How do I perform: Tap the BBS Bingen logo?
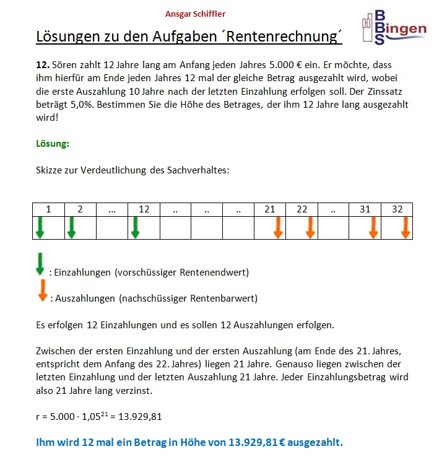394,28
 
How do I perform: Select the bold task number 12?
43,65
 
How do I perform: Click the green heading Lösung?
53,144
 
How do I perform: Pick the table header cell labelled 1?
48,209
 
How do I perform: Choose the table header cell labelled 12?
144,209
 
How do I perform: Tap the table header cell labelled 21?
270,209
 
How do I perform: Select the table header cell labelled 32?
397,209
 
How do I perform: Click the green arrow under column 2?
72,227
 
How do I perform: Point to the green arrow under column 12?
136,227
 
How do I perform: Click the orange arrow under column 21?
278,227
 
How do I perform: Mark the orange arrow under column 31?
373,227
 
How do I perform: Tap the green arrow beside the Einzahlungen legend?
40,263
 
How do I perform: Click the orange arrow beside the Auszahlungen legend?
42,290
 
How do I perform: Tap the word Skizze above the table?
50,170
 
